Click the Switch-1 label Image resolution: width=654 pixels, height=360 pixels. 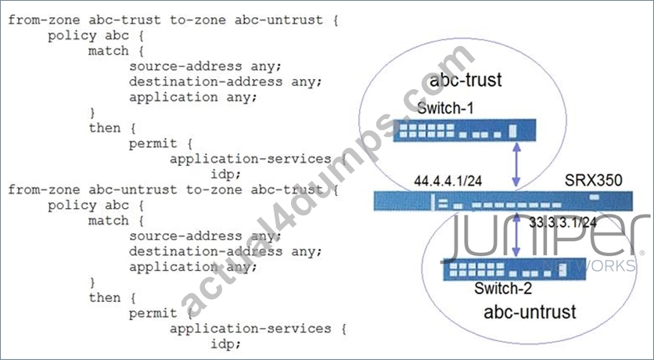445,109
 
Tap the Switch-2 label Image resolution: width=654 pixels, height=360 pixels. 503,288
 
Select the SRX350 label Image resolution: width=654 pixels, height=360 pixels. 594,180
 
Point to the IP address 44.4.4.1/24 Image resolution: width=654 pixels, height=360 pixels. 448,181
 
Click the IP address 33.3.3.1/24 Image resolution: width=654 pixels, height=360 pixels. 562,222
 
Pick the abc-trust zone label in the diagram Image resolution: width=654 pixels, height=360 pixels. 465,80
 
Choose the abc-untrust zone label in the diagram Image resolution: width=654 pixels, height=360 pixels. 530,312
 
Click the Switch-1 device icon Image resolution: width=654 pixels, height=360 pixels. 465,130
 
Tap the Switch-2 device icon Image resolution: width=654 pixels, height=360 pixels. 514,269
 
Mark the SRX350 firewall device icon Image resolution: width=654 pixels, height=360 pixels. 503,200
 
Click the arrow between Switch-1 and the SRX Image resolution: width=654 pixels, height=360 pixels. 516,164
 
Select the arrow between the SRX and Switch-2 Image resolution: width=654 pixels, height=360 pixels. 516,235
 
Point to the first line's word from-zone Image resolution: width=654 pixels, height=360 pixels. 44,20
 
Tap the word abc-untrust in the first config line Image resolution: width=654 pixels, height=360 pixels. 278,20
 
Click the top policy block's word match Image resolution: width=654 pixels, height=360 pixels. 109,51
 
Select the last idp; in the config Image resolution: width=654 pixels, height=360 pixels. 225,344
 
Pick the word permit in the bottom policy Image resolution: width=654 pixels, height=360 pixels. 153,313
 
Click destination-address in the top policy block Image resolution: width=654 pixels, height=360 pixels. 206,81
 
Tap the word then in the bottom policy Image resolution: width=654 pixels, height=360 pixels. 104,297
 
